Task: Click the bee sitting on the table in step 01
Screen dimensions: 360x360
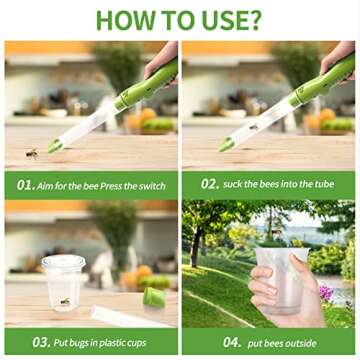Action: coord(32,153)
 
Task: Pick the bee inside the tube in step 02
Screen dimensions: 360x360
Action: coord(254,127)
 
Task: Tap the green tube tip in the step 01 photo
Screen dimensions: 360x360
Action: coord(54,146)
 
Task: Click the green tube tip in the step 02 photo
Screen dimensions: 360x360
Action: coord(227,145)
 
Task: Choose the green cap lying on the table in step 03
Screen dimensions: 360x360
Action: coord(155,296)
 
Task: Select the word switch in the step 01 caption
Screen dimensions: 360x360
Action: coord(151,185)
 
